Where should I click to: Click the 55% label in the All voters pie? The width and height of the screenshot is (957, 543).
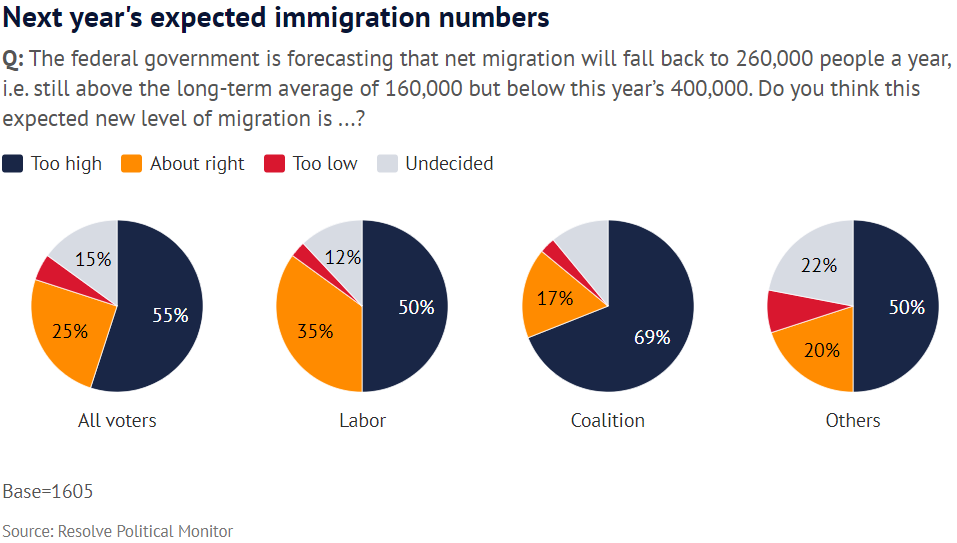coord(170,315)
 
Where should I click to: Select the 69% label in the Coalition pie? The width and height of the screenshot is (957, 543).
coord(652,337)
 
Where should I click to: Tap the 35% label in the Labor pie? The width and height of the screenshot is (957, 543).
coord(315,331)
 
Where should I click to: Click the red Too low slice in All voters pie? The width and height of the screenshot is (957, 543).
coord(47,268)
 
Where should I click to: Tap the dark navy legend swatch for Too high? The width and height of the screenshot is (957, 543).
coord(13,163)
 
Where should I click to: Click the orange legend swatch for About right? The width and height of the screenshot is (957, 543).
coord(131,163)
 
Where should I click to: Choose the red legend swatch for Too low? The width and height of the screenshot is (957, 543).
coord(274,163)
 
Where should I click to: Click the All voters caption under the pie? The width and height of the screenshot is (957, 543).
coord(117,420)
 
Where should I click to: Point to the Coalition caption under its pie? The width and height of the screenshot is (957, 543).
coord(607,420)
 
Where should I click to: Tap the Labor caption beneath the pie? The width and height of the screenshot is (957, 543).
coord(362,420)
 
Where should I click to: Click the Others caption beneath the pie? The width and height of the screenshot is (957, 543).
coord(853,420)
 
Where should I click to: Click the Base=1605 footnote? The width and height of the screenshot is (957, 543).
coord(48,492)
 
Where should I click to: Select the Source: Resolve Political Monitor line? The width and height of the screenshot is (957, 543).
coord(117,531)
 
